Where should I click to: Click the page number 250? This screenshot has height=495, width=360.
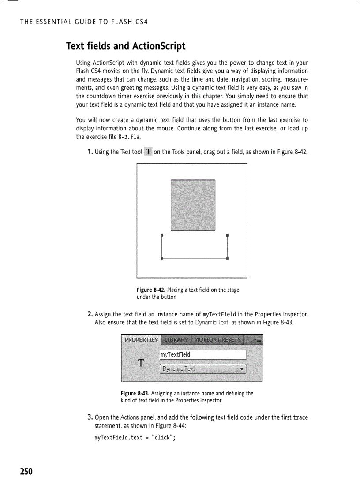tap(26, 472)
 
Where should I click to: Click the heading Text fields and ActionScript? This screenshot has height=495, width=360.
tap(126, 46)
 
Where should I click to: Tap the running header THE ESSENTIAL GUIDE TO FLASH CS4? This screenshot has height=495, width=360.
tap(84, 22)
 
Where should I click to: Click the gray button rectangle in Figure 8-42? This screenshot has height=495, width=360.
tap(193, 205)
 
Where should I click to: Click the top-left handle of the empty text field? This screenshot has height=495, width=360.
tap(162, 235)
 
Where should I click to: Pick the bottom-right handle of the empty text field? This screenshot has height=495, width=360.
tap(227, 258)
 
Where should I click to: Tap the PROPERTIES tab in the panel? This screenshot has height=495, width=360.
tap(141, 340)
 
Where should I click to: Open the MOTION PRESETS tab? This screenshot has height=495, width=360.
tap(217, 340)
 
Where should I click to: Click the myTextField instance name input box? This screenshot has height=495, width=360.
tap(202, 354)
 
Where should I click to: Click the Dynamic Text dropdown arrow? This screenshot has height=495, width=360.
tap(241, 369)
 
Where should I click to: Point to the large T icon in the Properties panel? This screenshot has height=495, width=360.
tap(141, 363)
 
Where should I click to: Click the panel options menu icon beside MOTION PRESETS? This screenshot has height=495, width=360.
tap(257, 340)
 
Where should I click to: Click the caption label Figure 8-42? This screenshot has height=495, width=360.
tap(151, 290)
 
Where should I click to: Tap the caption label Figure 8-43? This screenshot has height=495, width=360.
tap(135, 393)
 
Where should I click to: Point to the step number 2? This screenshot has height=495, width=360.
tap(90, 314)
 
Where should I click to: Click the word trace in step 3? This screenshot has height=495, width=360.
tap(300, 417)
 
